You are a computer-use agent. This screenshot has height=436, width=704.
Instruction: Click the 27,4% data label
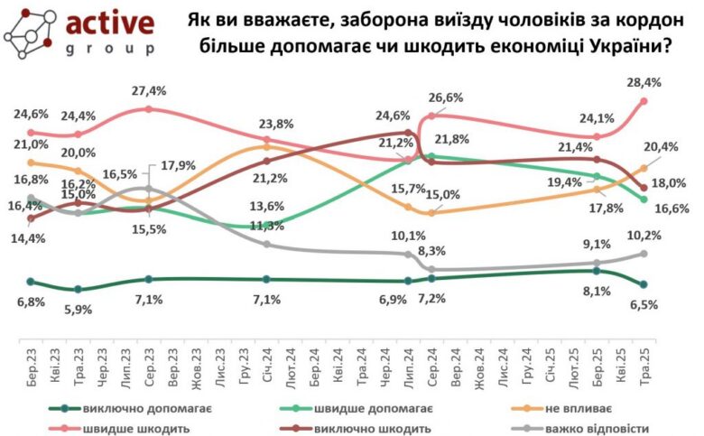[x=148, y=92]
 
